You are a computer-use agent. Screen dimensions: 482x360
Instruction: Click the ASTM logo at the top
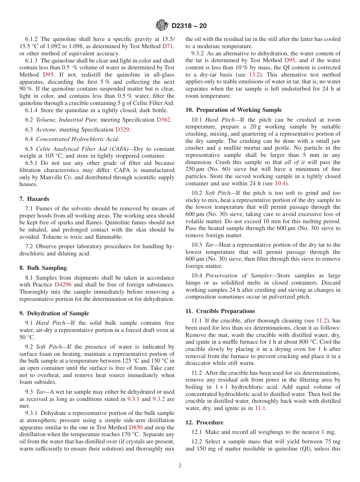[162, 26]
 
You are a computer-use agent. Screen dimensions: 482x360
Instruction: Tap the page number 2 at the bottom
[180, 466]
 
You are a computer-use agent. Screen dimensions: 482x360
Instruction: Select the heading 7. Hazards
[34, 199]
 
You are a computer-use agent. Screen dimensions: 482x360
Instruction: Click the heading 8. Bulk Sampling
[43, 268]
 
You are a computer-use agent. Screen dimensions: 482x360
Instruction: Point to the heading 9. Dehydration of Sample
[54, 313]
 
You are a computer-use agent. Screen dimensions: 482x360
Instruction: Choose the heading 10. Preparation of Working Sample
[233, 110]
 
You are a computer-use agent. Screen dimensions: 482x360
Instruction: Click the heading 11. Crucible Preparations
[220, 311]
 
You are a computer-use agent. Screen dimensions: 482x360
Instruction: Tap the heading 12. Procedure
[204, 423]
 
